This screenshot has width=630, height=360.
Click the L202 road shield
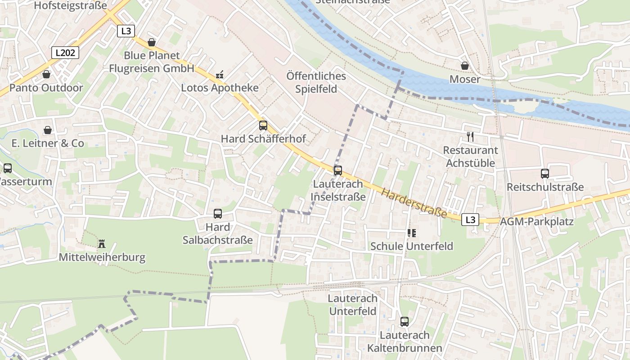[x=65, y=53]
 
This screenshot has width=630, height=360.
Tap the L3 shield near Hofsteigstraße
[x=126, y=31]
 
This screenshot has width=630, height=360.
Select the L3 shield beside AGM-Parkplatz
[x=470, y=220]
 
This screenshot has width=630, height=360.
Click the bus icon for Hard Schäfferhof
[x=263, y=126]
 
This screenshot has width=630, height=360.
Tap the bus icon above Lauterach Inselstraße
[x=338, y=171]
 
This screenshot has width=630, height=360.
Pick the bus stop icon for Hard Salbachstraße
[x=218, y=214]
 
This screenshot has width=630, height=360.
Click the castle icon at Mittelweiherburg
[x=102, y=244]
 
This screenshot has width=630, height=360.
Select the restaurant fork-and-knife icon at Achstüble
[x=470, y=137]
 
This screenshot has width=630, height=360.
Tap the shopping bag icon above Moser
[x=465, y=66]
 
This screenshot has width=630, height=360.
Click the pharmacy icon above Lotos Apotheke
[x=220, y=74]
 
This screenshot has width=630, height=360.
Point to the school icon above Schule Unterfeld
[x=411, y=233]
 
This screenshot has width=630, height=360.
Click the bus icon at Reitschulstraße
[x=545, y=173]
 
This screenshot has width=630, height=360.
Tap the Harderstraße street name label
[x=414, y=203]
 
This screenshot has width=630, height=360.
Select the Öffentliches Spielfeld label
[x=316, y=82]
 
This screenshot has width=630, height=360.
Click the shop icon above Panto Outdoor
[x=46, y=74]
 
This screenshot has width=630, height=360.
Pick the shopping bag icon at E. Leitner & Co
[x=47, y=130]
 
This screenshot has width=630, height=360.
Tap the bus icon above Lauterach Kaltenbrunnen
[x=405, y=322]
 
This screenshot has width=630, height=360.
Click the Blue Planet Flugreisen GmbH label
[x=152, y=62]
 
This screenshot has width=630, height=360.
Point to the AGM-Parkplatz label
[x=537, y=221]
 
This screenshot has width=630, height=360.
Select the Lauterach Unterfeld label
[x=353, y=305]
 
